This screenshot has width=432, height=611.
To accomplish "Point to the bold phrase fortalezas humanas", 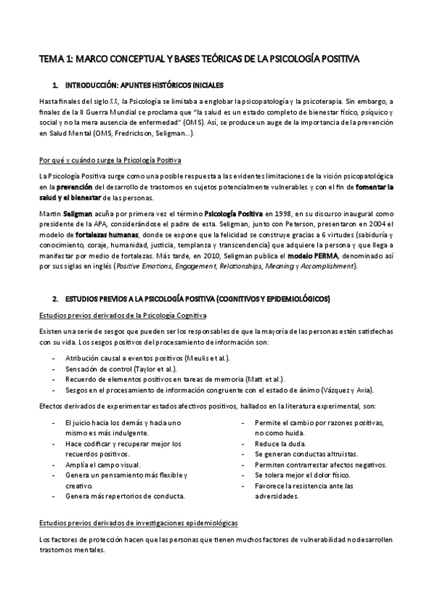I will tap(107, 235).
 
